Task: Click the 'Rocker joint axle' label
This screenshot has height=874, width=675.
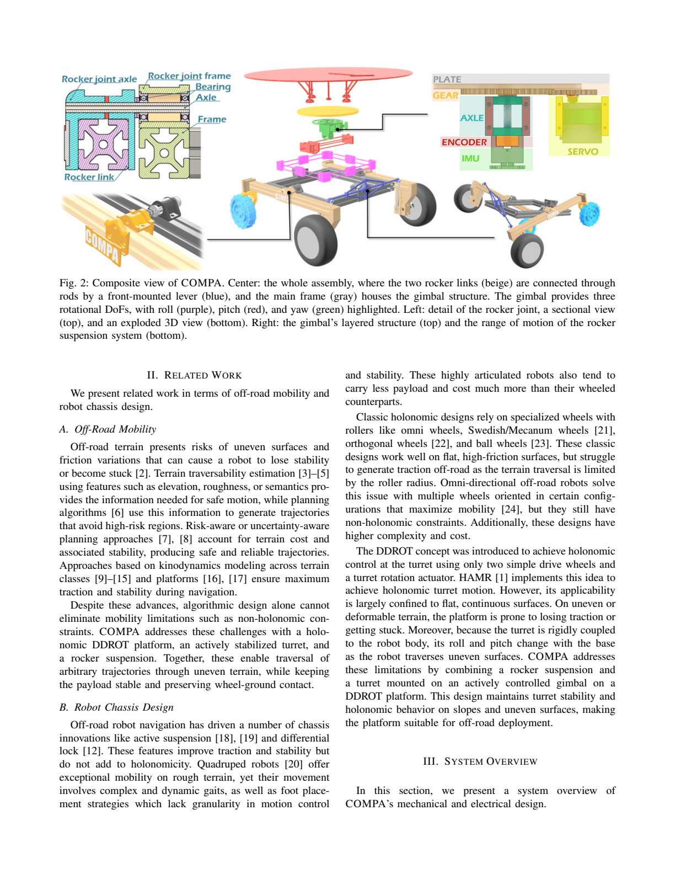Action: (99, 79)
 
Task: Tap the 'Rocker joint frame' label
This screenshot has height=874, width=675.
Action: (189, 76)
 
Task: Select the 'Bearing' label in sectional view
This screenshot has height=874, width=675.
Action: (213, 87)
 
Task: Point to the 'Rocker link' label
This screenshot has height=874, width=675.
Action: (89, 177)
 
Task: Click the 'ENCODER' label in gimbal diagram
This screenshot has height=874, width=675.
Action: (464, 142)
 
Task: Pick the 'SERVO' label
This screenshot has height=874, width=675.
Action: (582, 151)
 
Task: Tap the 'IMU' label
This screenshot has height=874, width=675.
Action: (470, 158)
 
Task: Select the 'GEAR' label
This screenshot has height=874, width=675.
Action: (445, 95)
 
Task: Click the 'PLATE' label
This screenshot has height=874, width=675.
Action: (447, 79)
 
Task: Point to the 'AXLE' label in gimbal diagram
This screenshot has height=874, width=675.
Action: (472, 118)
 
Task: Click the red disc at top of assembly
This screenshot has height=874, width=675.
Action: (328, 74)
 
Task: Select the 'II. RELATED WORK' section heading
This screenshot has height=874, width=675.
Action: (194, 375)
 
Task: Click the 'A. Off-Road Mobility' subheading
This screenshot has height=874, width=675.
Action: (108, 429)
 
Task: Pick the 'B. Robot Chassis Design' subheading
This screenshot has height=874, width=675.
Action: (116, 707)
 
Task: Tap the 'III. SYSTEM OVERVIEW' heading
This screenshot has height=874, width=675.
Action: (480, 761)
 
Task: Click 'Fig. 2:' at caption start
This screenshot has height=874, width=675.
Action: (74, 283)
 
